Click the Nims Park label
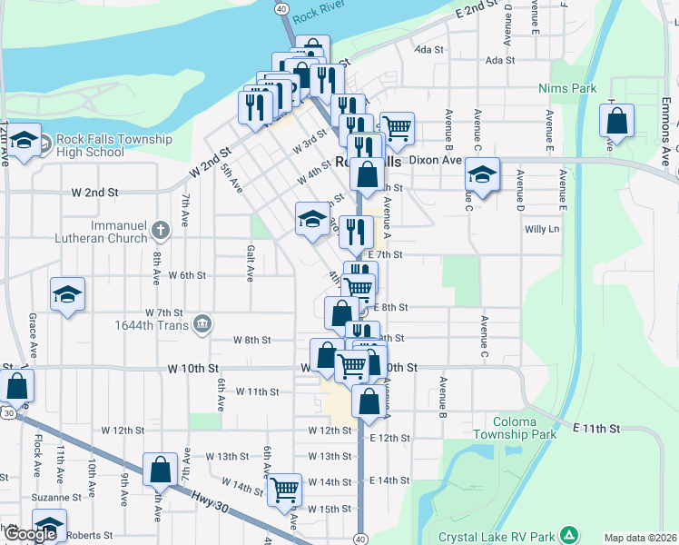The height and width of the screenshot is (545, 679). [x=567, y=88]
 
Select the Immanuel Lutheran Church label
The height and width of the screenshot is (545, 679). [x=119, y=232]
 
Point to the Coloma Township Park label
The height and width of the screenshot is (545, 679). [x=536, y=428]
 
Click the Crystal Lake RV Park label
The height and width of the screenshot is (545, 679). [x=497, y=537]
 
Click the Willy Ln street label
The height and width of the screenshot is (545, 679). [x=541, y=229]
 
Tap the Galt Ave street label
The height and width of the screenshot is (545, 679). [x=251, y=263]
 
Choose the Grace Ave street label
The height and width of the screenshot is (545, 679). [x=33, y=336]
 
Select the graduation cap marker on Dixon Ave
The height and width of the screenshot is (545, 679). [x=482, y=173]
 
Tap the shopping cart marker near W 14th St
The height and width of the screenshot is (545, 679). [x=285, y=490]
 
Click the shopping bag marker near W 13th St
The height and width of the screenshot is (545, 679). [x=160, y=470]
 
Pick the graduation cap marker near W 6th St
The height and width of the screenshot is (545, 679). [x=66, y=294]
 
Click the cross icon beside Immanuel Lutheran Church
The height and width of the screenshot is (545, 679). [x=161, y=229]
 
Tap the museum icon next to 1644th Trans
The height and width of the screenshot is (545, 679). [x=202, y=324]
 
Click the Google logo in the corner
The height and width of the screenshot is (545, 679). [x=30, y=535]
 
